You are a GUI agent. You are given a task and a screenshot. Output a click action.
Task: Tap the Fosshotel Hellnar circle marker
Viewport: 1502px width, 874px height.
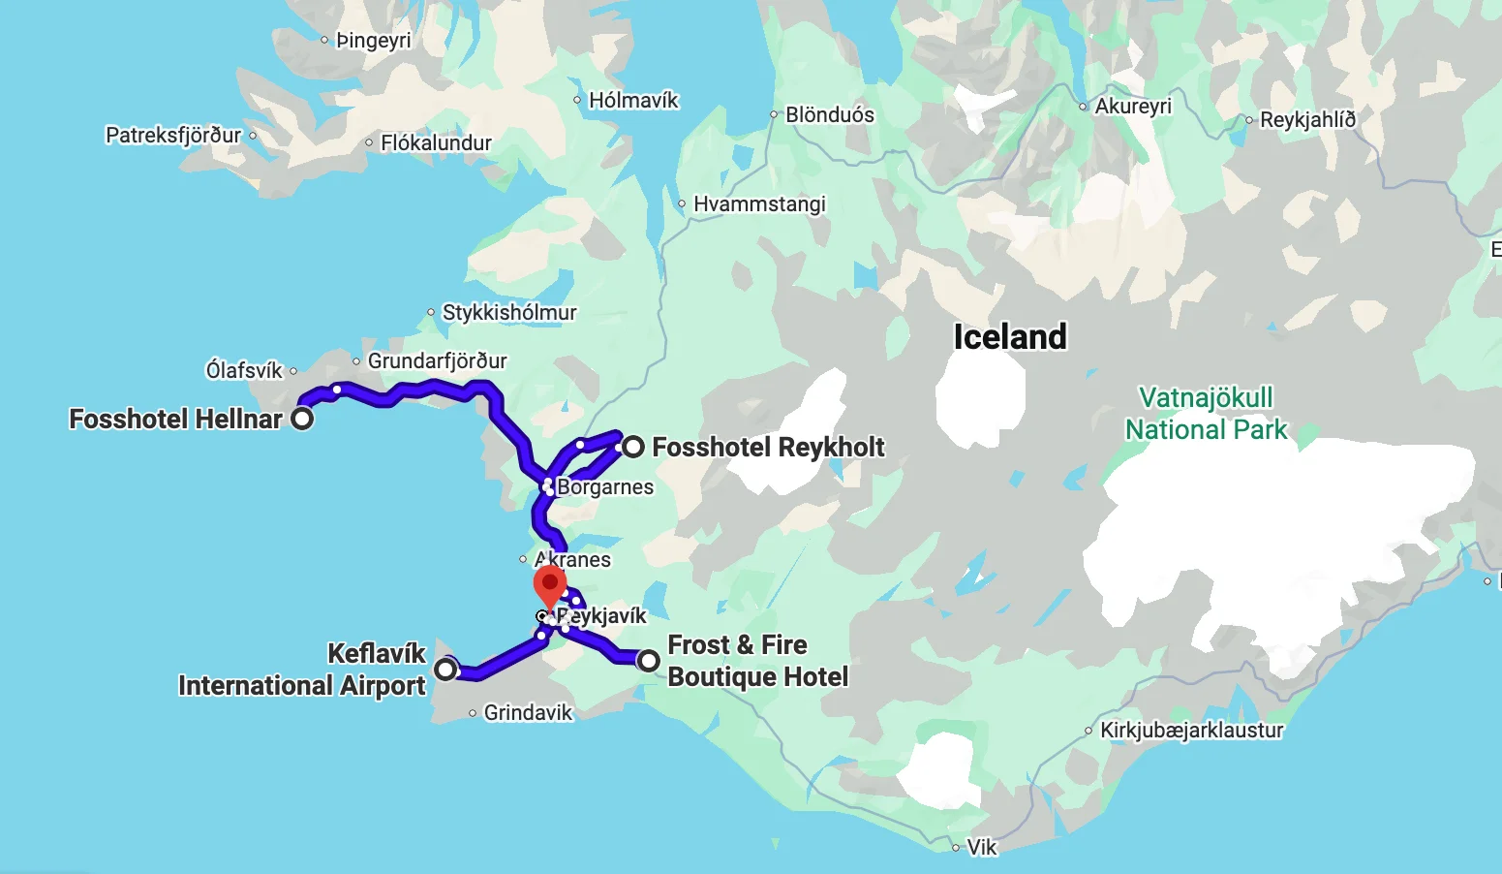click(x=302, y=419)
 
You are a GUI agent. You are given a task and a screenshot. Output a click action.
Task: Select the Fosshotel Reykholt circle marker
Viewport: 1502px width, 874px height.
click(x=632, y=447)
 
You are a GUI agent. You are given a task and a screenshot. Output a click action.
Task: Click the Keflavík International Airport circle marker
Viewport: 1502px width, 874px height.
click(x=445, y=669)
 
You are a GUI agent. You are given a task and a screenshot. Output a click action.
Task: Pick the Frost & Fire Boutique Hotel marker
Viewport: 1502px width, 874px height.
click(x=648, y=661)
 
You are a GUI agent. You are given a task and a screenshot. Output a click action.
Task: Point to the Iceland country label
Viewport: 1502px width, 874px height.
click(x=1009, y=337)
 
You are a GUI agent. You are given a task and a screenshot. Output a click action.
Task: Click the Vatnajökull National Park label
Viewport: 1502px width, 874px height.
click(x=1206, y=414)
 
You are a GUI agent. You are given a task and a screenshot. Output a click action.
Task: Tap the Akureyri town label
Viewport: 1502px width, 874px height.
click(x=1132, y=107)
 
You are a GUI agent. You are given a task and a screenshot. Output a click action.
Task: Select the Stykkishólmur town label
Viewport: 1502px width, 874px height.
click(x=508, y=313)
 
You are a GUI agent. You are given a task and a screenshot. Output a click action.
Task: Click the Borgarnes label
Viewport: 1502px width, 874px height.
click(x=604, y=487)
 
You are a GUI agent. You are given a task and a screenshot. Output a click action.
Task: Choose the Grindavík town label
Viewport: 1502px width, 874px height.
click(x=528, y=713)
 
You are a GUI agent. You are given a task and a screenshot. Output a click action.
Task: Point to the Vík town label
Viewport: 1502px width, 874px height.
click(x=981, y=848)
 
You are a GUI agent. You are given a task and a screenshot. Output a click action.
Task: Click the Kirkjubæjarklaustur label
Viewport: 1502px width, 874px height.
click(x=1191, y=731)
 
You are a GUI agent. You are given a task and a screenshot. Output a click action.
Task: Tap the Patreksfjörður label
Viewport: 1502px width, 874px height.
click(x=173, y=136)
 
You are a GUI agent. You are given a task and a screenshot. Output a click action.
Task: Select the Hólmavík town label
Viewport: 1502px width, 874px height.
click(x=633, y=101)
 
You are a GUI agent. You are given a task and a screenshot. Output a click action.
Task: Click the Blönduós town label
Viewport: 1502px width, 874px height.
click(x=829, y=115)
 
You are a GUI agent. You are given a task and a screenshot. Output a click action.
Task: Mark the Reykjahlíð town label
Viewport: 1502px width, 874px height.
click(x=1307, y=120)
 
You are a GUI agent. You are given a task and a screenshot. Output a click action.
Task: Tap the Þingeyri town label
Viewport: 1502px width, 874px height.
click(x=373, y=41)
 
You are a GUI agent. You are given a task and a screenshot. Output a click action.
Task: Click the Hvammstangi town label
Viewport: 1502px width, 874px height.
click(x=759, y=204)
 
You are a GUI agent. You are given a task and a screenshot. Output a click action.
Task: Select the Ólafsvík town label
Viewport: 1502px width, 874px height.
click(x=244, y=370)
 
